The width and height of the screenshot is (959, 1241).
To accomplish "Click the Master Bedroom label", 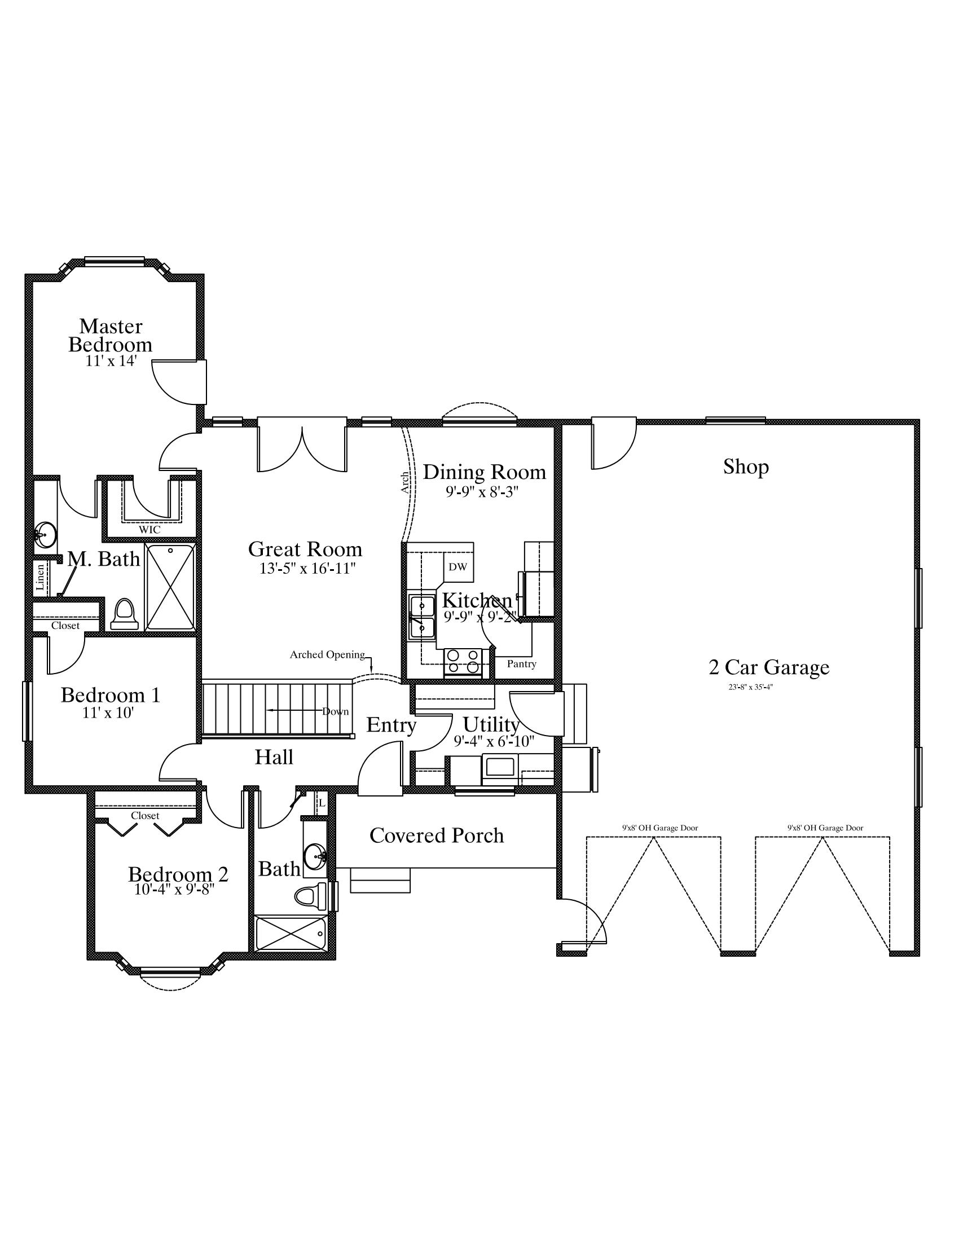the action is point(110,335).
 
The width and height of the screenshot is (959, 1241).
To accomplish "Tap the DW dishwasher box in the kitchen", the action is point(457,566).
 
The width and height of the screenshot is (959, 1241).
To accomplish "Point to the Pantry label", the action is point(522,664).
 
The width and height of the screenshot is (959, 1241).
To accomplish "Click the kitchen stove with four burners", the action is point(463,662).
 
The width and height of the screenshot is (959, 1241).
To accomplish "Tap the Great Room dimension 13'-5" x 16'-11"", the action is point(307,568).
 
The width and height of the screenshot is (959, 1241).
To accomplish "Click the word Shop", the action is point(745,467).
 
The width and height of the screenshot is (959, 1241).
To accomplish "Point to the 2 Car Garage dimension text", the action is point(751,687).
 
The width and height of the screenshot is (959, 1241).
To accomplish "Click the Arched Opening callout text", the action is point(327,654).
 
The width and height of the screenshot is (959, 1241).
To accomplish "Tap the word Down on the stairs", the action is point(335,711).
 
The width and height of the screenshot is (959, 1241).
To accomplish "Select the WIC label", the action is point(149,530).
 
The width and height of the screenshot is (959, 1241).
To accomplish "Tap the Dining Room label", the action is point(484,472).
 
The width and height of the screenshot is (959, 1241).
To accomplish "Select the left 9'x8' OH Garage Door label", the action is point(659,828).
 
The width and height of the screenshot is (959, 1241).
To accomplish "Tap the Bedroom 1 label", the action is point(110,695).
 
